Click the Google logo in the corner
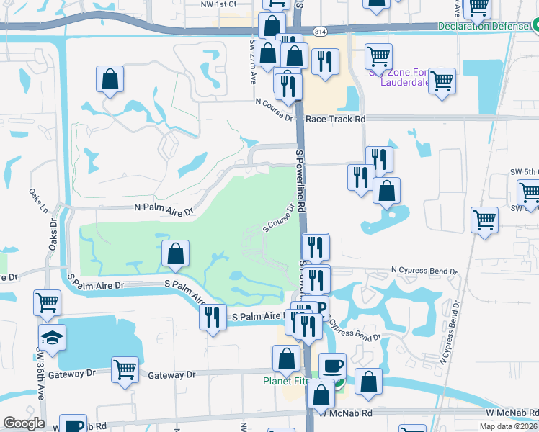(24, 423)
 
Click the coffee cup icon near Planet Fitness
(332, 366)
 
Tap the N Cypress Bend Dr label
(424, 270)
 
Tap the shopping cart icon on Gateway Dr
(125, 370)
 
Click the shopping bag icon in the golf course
(176, 253)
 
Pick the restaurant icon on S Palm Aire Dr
(212, 318)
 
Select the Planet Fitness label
(286, 381)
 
